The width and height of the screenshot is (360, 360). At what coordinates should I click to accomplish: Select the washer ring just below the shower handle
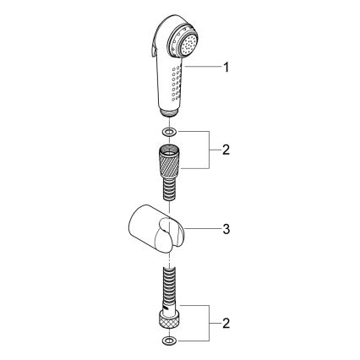[169, 132]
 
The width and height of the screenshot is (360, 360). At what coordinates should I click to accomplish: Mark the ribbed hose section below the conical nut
[169, 187]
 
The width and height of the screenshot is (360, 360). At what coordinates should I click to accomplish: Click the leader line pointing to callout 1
[203, 67]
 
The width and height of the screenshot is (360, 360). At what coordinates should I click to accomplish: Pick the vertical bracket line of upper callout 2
[210, 150]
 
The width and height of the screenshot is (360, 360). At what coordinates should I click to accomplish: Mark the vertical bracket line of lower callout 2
[210, 323]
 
